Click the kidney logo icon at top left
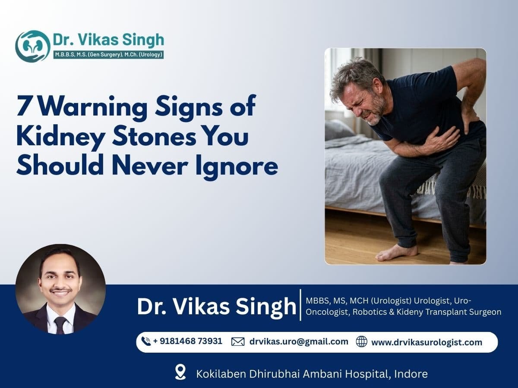(33, 46)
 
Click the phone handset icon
(146, 342)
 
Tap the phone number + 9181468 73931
(188, 341)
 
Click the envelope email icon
(238, 342)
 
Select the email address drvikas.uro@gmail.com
(299, 341)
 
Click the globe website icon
(362, 342)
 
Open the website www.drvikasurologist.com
(426, 342)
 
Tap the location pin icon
(180, 372)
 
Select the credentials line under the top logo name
(108, 55)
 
